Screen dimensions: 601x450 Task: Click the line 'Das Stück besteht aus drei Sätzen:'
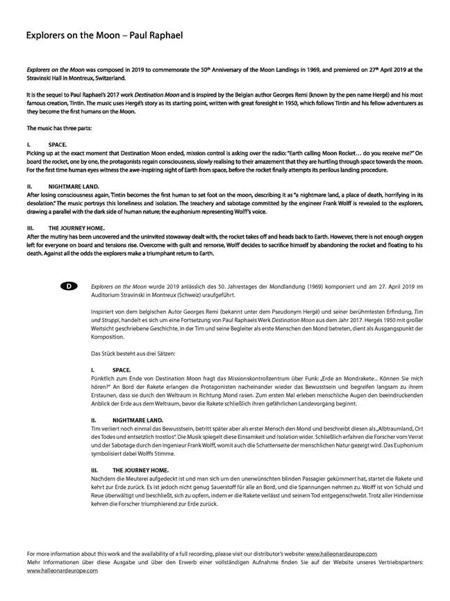tap(136, 354)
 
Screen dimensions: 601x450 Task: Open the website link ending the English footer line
tap(351, 553)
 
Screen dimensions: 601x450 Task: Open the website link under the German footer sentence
tap(62, 570)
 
